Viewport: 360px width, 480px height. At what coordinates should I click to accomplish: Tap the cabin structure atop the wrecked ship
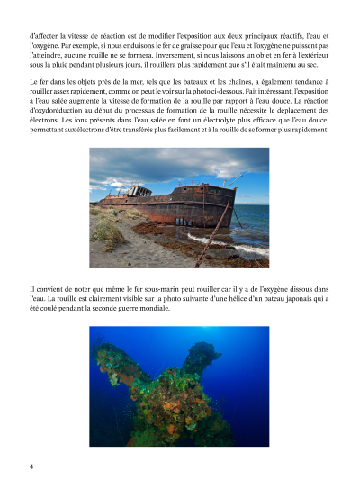tap(139, 192)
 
